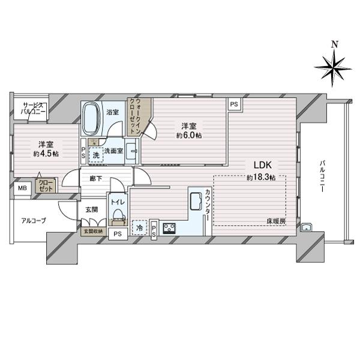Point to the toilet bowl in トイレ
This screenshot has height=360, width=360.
[118, 215]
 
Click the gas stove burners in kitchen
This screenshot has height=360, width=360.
[169, 228]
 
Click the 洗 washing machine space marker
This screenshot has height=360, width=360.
[96, 154]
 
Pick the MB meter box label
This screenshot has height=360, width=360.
[22, 188]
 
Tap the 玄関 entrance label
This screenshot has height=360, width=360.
[91, 209]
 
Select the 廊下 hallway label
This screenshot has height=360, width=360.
[97, 178]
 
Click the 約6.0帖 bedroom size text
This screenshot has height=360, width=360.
[189, 136]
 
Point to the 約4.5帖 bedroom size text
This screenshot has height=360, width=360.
[45, 154]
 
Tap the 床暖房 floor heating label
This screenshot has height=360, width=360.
[277, 223]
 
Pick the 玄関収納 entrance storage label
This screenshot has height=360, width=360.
[92, 232]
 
